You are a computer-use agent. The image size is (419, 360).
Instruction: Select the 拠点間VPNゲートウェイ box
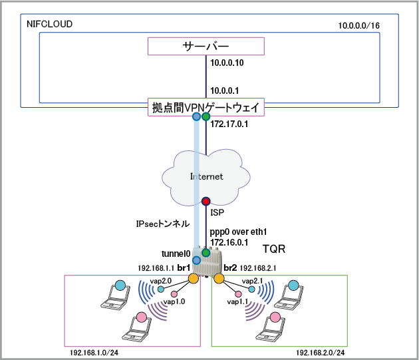(x=206, y=107)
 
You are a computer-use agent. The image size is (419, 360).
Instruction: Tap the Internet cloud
(x=206, y=176)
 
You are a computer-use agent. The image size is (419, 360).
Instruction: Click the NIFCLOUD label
(x=49, y=25)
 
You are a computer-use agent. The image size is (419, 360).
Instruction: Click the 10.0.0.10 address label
(x=228, y=63)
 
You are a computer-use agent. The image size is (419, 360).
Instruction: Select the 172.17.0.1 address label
(x=229, y=124)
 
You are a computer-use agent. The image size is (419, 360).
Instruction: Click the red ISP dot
(x=206, y=201)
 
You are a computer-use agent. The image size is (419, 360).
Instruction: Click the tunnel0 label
(x=176, y=254)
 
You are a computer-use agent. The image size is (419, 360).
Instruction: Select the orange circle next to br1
(x=192, y=278)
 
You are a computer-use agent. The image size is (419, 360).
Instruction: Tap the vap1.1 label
(x=237, y=302)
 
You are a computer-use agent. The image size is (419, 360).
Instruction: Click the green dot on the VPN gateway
(x=206, y=117)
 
